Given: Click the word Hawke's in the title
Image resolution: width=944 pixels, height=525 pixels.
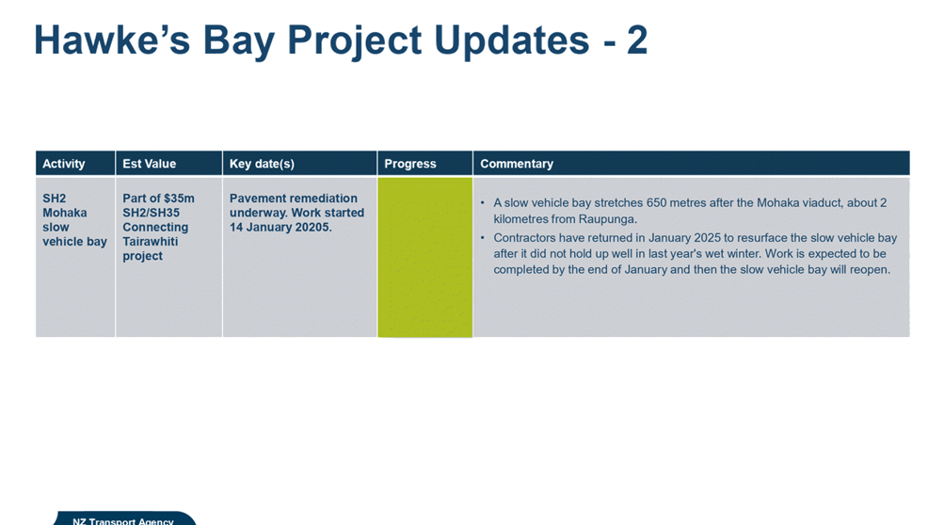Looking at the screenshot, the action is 112,40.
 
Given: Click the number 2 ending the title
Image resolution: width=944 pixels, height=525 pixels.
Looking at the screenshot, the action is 636,40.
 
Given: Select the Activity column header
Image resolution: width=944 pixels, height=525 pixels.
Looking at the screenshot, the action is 64,164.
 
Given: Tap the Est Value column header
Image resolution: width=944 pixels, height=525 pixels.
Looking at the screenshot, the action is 150,164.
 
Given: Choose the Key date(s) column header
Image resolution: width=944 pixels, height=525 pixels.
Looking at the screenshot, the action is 262,164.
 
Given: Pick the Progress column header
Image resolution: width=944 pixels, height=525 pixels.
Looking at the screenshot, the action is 410,164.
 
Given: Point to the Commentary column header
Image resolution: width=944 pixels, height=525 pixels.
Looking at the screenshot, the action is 517,164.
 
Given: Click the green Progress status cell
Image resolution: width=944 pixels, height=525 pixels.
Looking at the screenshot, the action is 425,257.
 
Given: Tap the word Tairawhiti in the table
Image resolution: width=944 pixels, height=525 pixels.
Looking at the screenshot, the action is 151,242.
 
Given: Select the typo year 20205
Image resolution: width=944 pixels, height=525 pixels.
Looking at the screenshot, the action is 313,227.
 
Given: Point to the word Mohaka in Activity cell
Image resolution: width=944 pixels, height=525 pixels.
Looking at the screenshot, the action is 64,213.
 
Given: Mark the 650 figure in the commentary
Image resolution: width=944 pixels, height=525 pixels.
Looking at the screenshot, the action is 656,203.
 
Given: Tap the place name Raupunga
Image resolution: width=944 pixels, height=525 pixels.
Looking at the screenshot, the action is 607,219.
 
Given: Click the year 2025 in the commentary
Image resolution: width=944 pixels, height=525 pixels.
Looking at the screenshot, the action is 706,238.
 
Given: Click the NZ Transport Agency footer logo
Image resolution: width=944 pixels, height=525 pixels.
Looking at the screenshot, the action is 124,518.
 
